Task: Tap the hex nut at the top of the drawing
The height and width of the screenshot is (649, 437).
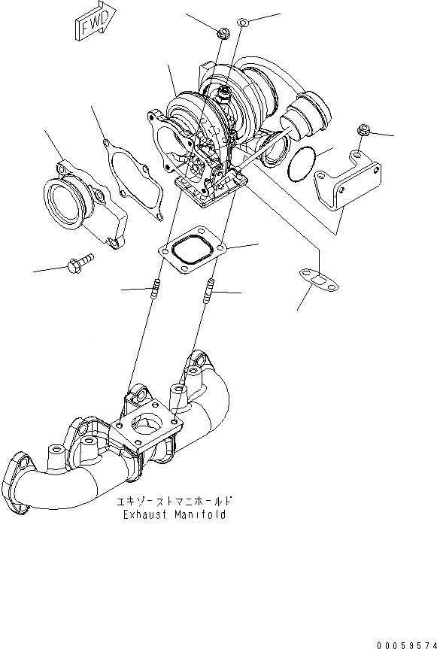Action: (224, 32)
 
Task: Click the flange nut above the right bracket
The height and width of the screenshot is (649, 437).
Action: (364, 130)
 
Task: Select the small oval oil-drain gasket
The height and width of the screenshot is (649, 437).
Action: (318, 280)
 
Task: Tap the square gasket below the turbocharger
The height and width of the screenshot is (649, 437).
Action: (192, 250)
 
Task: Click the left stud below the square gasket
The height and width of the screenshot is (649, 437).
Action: (156, 289)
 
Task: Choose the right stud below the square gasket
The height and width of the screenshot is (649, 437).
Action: (209, 291)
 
